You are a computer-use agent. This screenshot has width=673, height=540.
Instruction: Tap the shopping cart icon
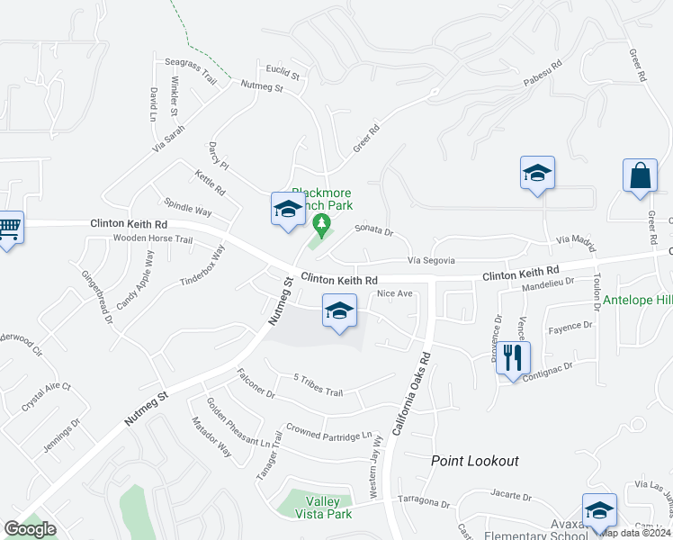[9, 227]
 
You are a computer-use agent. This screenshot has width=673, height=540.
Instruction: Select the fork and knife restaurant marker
[512, 357]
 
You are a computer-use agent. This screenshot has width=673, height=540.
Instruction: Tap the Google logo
[30, 529]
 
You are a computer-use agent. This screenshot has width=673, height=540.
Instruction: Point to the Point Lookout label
[474, 461]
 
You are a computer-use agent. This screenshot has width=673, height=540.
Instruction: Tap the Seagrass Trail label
[191, 71]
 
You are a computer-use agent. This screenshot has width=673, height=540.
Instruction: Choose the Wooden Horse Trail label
[153, 239]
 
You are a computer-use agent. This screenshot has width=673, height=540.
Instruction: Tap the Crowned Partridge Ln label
[329, 436]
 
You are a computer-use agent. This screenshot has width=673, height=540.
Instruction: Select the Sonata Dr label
[374, 231]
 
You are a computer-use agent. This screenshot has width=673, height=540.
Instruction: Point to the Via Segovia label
[432, 260]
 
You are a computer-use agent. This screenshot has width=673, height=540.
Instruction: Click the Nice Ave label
[394, 293]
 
